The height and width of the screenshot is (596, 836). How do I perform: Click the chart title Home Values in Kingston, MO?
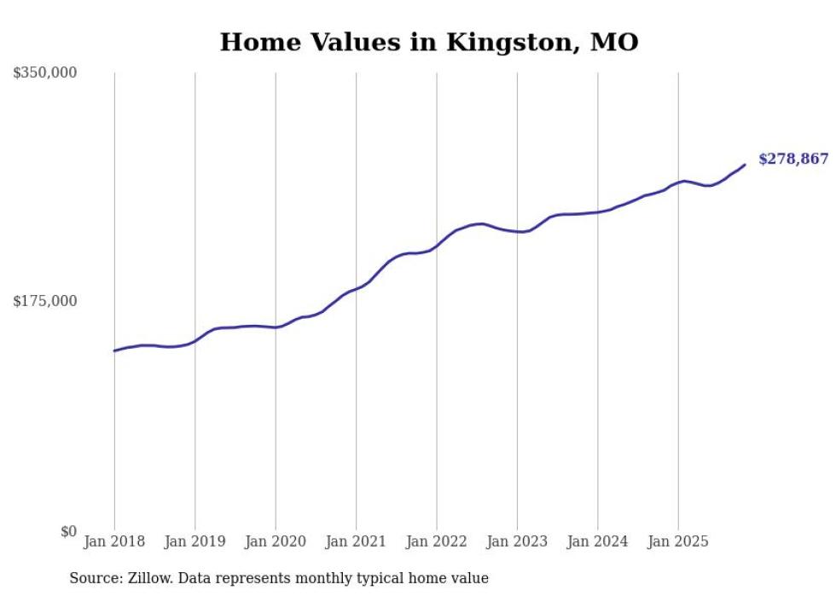(429, 43)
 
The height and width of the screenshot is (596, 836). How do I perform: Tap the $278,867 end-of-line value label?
(792, 159)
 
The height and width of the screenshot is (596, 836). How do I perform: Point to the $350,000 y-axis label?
(45, 73)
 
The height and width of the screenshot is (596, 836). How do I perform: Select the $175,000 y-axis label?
(45, 301)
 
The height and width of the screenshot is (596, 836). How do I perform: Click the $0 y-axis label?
(68, 531)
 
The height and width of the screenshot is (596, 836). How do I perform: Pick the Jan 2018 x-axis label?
(114, 541)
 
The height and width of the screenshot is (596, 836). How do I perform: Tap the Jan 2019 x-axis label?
(195, 541)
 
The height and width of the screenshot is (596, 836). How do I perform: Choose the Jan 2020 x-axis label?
(276, 541)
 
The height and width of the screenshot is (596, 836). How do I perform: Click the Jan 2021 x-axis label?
(357, 541)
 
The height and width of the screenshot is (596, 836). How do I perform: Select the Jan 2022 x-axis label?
(437, 541)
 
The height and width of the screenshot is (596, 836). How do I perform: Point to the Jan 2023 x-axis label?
(517, 541)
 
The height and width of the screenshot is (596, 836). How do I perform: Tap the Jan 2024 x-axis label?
(598, 541)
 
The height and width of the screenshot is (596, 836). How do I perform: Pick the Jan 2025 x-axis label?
(678, 541)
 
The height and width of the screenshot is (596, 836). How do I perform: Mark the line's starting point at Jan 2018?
(114, 350)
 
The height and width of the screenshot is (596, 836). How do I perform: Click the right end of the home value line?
(745, 165)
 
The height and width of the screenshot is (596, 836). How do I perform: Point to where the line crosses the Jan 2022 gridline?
(437, 246)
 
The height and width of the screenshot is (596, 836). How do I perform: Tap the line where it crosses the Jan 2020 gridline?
(276, 327)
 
